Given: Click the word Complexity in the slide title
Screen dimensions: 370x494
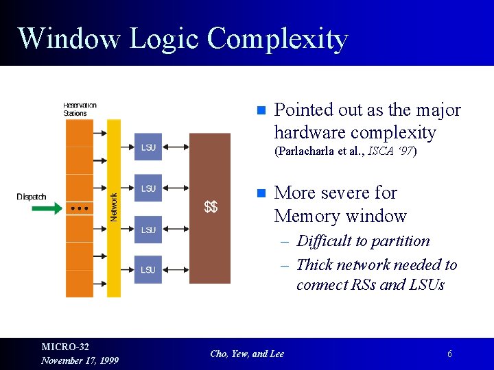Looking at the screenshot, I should (277, 39).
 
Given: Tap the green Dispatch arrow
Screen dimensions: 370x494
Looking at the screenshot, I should (47, 208).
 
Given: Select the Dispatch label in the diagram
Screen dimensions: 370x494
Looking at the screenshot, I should (32, 197).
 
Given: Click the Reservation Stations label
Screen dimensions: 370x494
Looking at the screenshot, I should (80, 109).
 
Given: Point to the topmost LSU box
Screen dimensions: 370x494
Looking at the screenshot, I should (148, 147).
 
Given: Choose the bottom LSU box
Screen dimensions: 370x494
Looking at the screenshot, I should (148, 270).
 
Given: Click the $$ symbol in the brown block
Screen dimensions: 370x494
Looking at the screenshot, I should (211, 206).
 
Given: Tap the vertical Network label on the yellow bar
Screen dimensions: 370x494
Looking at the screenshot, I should (114, 206).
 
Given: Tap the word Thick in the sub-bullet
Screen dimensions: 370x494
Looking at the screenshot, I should (314, 265).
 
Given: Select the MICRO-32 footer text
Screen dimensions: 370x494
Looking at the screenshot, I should (65, 347).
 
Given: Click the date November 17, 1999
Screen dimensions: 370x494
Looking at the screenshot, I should (80, 360).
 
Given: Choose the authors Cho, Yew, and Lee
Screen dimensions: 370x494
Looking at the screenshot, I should (247, 354).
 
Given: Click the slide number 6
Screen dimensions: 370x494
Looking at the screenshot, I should (449, 354).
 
